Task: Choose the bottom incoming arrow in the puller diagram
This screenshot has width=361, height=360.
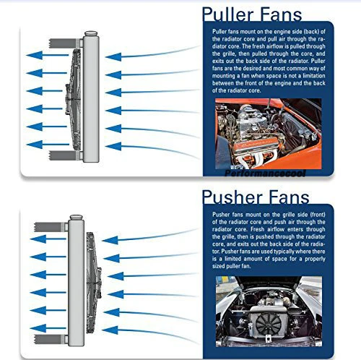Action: pos(123,147)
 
